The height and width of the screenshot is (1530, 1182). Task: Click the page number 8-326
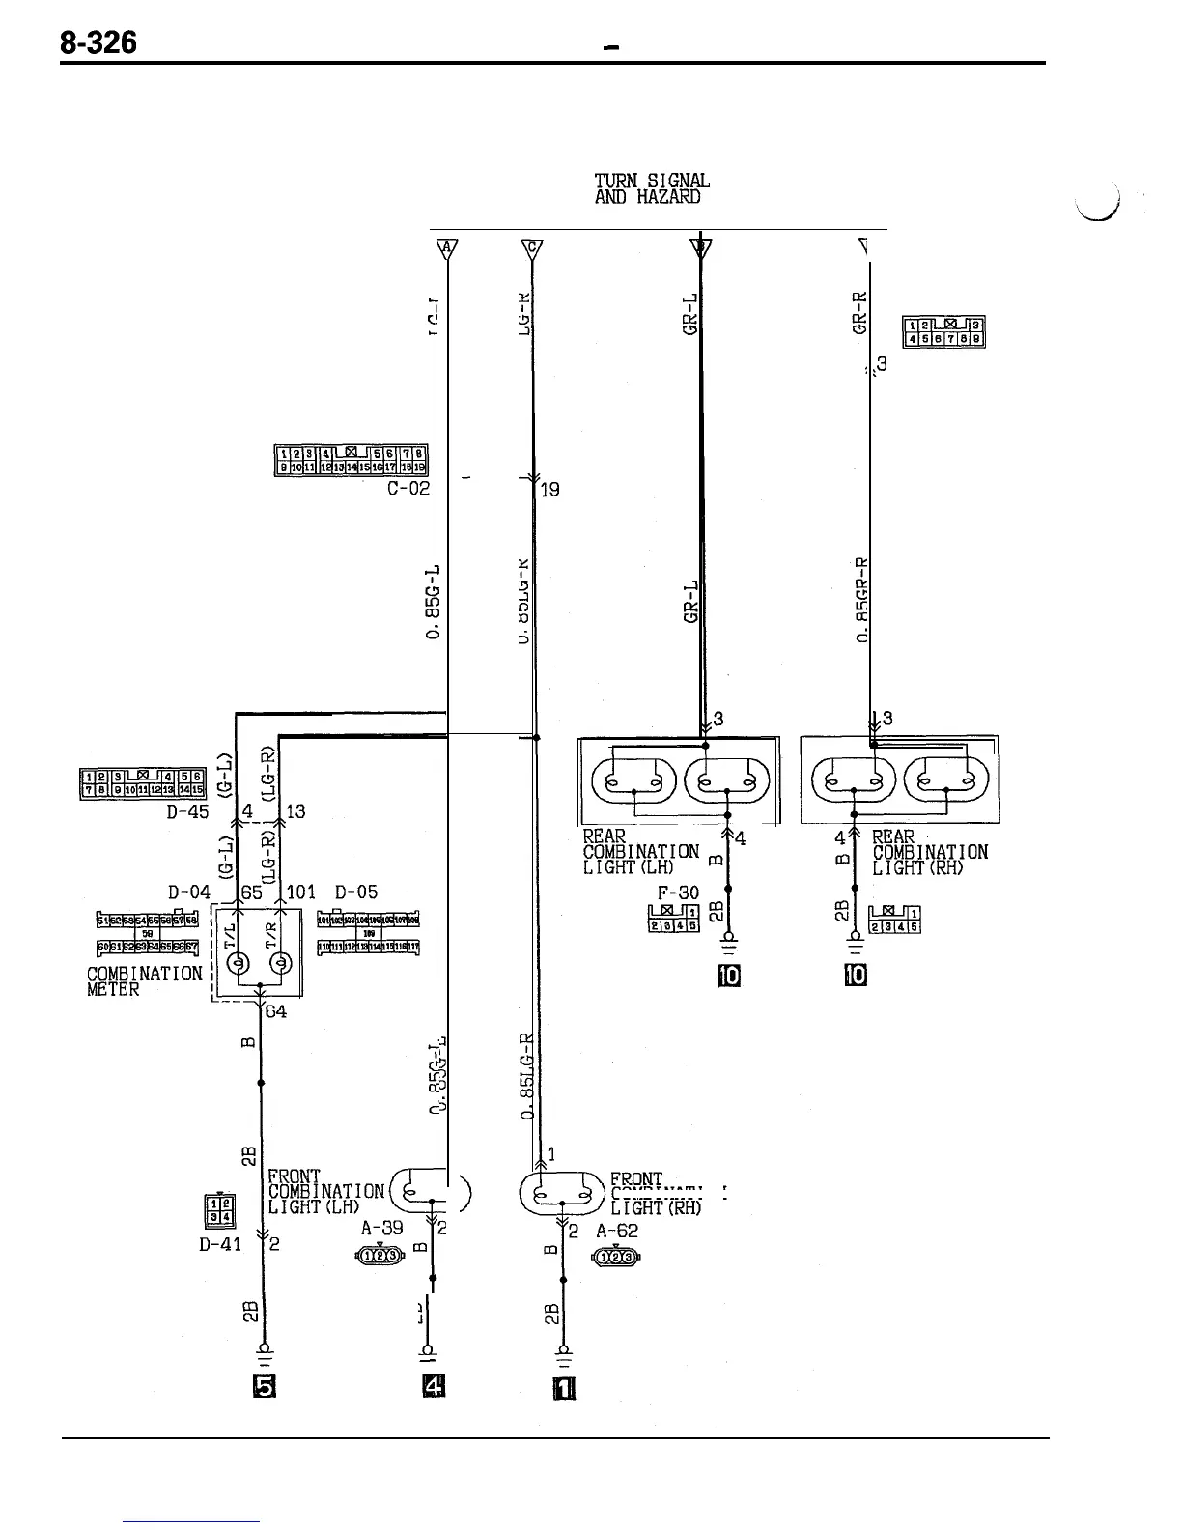coord(98,42)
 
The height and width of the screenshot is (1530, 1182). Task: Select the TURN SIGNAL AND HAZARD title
coord(652,188)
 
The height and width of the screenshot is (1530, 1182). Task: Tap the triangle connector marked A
coord(446,248)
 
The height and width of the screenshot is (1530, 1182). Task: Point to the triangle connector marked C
coord(532,248)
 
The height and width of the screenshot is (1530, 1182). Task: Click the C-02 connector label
coord(408,489)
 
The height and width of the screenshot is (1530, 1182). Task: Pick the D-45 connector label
coord(187,811)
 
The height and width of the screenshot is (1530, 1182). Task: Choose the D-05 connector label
coord(356,892)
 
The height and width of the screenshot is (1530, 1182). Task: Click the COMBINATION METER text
coord(144,981)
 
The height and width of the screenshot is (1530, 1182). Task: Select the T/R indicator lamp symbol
coord(281,963)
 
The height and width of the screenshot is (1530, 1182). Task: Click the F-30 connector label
coord(678,892)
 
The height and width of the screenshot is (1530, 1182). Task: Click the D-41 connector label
coord(220,1245)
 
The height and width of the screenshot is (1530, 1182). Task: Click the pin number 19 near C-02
coord(549,490)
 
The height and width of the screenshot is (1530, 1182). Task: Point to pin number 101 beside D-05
coord(302,892)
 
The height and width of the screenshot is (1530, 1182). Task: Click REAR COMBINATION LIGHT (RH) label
coord(929,851)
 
